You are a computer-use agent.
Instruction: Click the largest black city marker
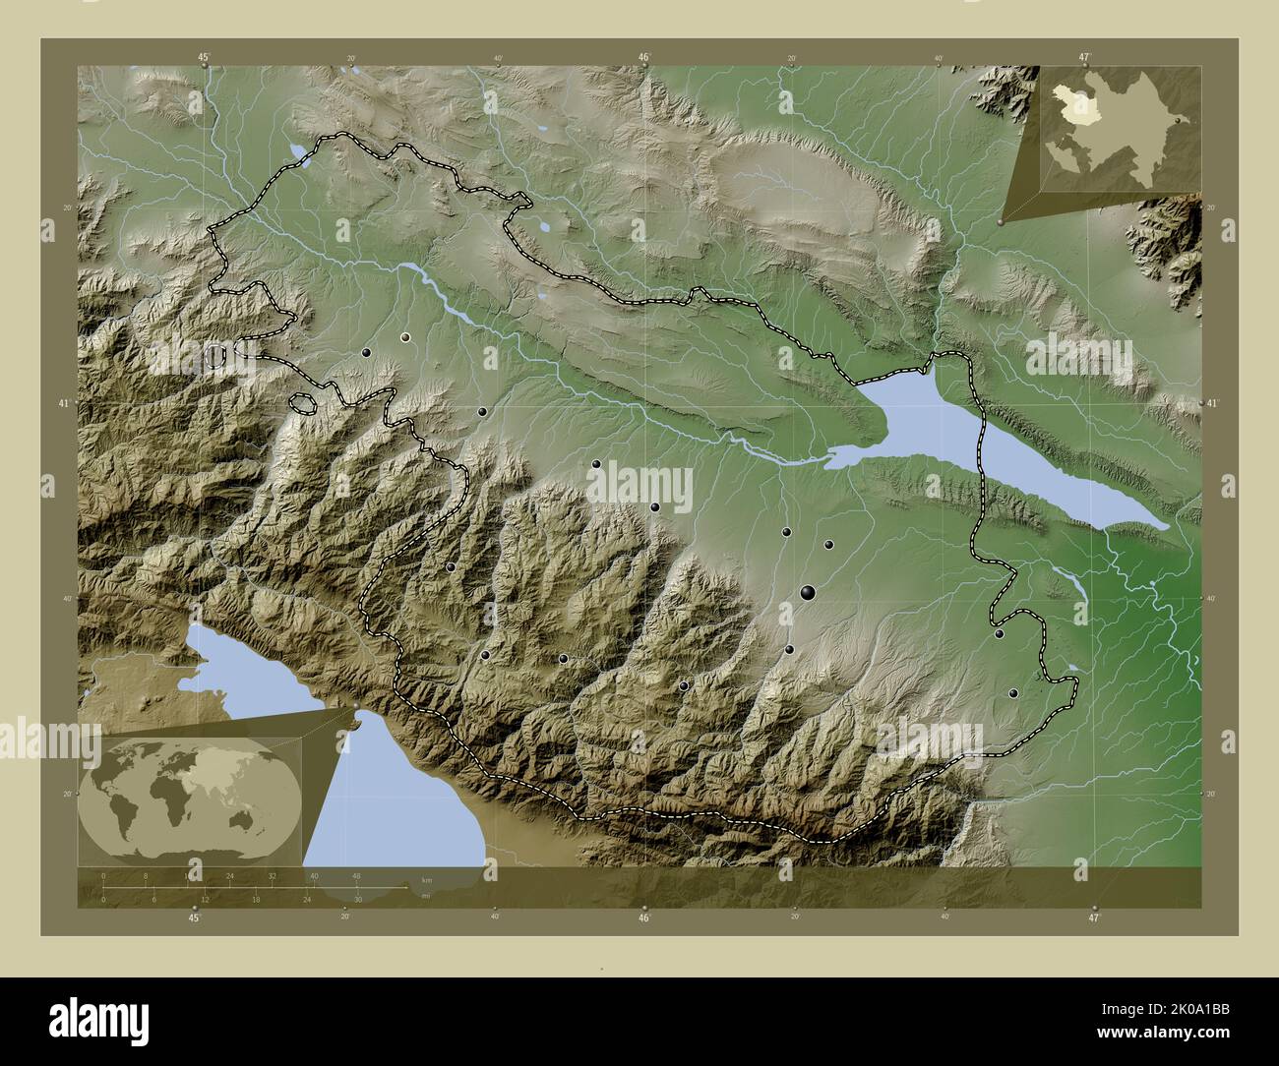point(808,591)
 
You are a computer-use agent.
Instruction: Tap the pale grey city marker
point(404,337)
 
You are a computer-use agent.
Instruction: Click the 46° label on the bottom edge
point(643,918)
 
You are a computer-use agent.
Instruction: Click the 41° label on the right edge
point(1212,404)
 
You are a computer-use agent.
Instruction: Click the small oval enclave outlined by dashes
point(304,402)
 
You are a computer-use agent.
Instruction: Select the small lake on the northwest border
point(296,151)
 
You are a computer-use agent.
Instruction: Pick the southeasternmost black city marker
point(1013,693)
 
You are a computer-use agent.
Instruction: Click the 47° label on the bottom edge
point(1092,918)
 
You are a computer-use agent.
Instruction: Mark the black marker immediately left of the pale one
point(366,352)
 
